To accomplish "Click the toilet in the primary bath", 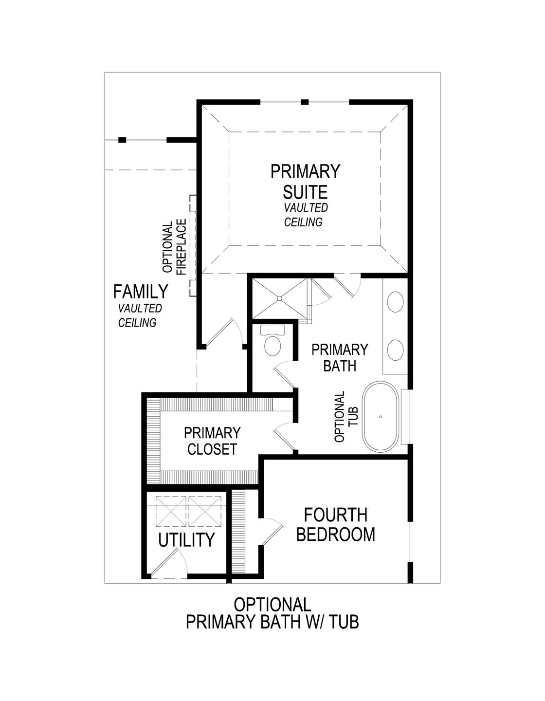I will point(272,343).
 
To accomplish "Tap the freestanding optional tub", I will point(380,417).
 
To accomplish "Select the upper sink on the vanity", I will point(395,302).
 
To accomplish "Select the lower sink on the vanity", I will point(395,350).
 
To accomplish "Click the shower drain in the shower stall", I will point(280,298).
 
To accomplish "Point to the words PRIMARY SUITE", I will point(305,181).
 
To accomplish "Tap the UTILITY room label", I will point(186,539).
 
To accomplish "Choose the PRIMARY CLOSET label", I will point(212,441).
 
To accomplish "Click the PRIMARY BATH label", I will point(340,357).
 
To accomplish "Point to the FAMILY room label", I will point(141,292).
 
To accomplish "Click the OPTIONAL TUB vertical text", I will point(346,416).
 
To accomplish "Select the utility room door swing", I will point(168,560).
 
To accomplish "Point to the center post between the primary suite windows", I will point(305,102).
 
